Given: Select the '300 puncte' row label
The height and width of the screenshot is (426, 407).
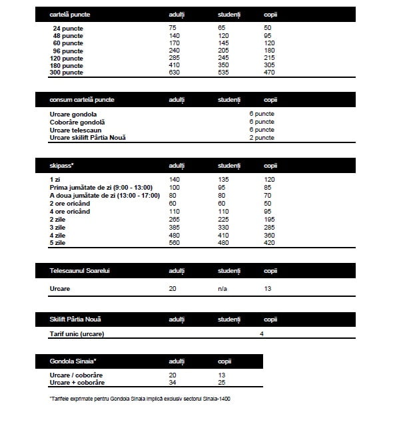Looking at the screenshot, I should tap(67, 73).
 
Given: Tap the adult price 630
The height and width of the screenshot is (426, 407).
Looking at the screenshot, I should tap(174, 73).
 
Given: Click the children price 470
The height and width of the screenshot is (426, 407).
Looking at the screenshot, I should tap(270, 73).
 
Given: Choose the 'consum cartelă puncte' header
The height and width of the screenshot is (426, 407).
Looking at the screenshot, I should tap(82, 100).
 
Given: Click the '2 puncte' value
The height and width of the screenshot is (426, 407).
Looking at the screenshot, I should tap(262, 138).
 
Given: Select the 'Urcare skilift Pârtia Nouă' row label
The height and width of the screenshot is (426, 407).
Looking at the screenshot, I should tap(88, 138).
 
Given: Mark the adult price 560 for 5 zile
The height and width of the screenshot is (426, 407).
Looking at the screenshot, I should tap(175, 243).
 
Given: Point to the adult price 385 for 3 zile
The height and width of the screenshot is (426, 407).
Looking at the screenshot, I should tap(175, 227).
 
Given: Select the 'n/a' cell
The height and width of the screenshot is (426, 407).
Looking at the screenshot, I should tap(222, 290).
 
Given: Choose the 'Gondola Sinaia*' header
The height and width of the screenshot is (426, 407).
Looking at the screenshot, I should tap(73, 361).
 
